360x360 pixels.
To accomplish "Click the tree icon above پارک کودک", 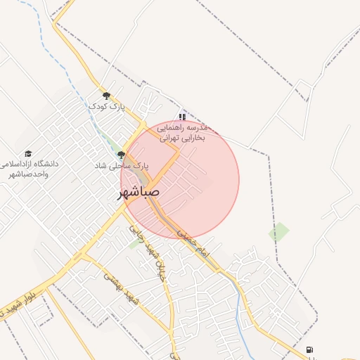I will pos(106,96).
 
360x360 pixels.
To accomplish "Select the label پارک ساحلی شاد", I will pos(123,165).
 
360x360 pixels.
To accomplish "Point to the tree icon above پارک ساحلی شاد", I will pos(121,155).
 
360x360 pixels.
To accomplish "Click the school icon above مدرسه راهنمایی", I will pos(182,117).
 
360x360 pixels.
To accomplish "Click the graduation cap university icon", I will pos(28,153).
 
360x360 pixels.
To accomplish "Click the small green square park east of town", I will pos(279,231).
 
